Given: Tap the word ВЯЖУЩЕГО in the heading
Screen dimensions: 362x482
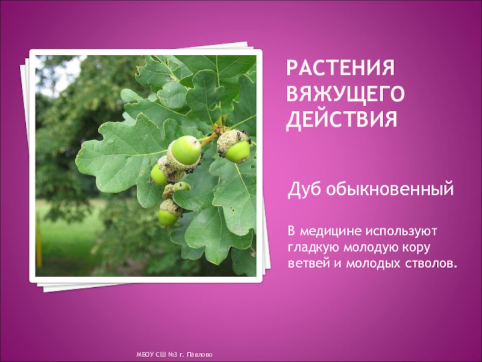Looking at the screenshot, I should coord(345,94).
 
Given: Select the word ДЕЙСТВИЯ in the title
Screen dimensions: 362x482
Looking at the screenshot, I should coord(342,118).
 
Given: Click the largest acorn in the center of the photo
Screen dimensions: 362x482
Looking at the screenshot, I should coord(185,150).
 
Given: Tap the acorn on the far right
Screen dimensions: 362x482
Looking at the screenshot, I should coord(237,151).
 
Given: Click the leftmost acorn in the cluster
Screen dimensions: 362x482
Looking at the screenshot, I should coord(158,175).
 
